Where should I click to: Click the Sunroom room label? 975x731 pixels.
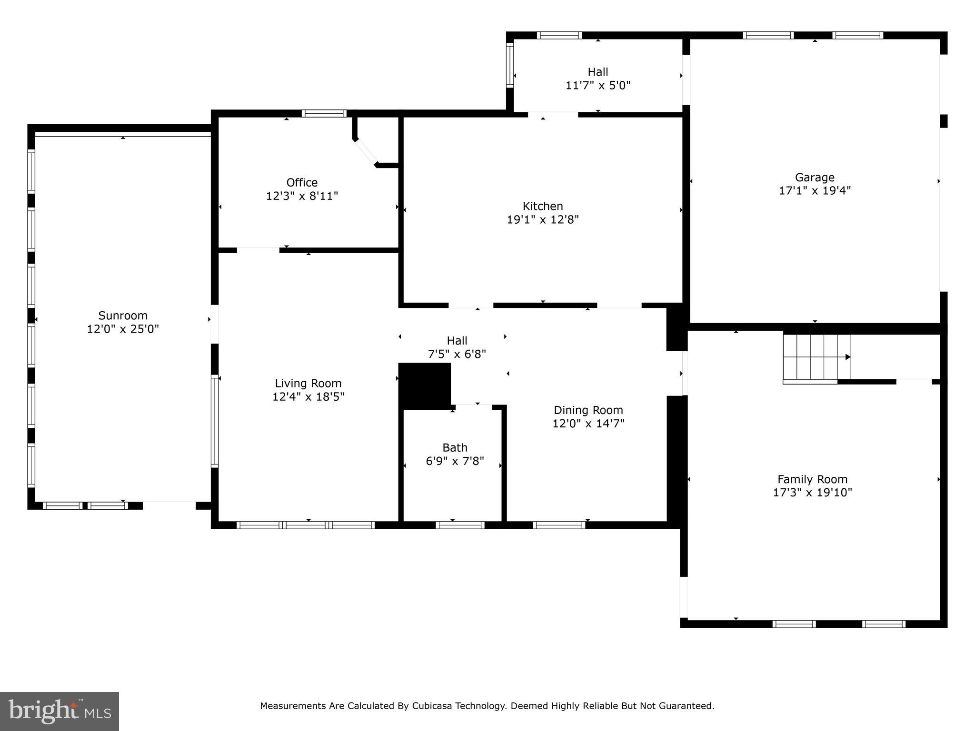pos(123,316)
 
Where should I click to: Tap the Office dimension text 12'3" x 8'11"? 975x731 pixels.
pos(302,196)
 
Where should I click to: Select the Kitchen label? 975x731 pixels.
pos(543,206)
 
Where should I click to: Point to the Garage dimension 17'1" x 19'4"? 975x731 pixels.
pos(815,190)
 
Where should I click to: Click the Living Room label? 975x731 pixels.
pos(308,383)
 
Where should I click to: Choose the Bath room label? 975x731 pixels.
pos(455,447)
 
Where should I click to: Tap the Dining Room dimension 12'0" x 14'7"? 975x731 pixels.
pos(588,423)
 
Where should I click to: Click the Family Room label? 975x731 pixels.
pos(812,479)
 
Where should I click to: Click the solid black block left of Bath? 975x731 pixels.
pos(424,385)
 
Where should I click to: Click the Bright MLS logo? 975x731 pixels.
pos(60,711)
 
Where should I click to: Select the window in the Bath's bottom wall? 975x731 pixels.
pos(460,525)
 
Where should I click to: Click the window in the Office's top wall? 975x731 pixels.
pos(324,113)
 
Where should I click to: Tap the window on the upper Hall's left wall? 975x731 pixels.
pos(510,65)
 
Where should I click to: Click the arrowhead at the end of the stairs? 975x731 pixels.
pos(847,357)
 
